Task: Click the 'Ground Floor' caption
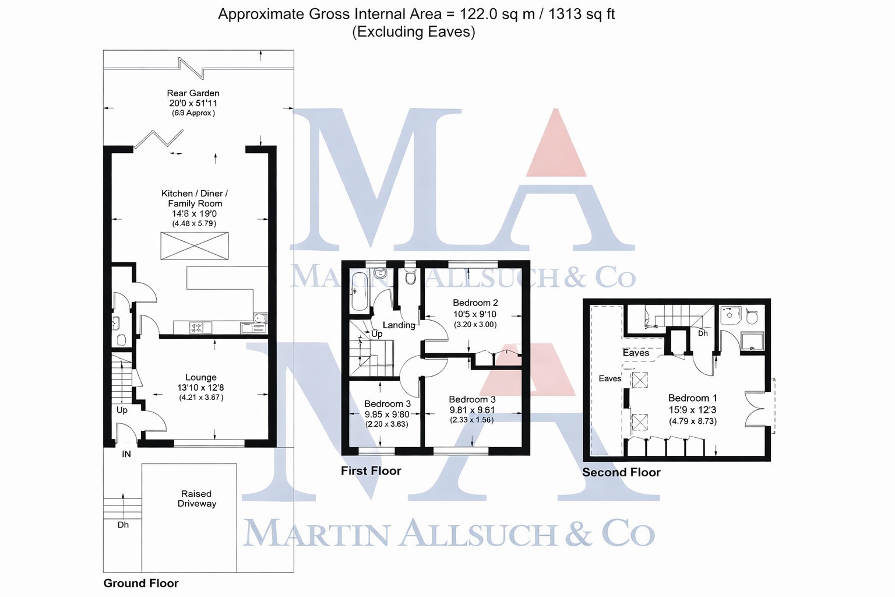141,583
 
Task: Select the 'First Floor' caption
371,470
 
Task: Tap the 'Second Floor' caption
621,472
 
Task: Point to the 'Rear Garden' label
193,93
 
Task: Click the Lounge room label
201,377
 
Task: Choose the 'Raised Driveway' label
197,498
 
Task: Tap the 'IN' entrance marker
126,454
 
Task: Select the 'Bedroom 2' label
475,303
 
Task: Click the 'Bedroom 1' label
692,398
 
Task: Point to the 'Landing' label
399,325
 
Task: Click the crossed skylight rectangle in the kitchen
195,245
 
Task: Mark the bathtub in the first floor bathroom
358,291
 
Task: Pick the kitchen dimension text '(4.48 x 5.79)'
194,223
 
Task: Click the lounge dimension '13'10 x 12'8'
201,388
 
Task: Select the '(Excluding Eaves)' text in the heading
414,31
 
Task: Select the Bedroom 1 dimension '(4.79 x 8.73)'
693,421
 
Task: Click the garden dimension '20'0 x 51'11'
193,103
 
